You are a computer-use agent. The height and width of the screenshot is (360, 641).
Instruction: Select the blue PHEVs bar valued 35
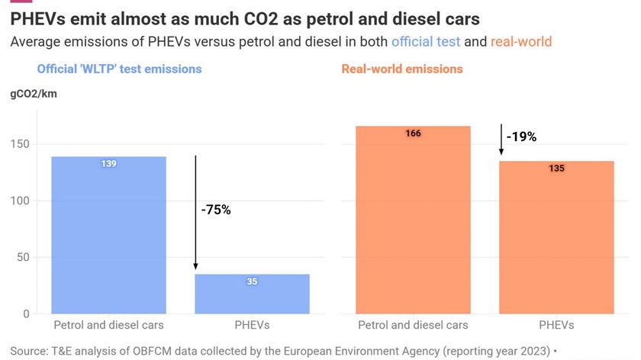(x=252, y=294)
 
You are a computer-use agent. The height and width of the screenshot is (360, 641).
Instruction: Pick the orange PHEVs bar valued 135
(x=556, y=237)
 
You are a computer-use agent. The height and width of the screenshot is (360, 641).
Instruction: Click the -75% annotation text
(x=216, y=210)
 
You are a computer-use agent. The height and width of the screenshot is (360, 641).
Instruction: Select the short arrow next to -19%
(x=501, y=140)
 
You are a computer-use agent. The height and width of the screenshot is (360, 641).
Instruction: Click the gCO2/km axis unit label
(x=34, y=94)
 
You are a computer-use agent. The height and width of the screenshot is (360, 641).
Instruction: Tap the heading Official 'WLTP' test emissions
(x=119, y=69)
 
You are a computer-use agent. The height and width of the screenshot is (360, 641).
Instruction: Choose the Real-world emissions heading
(x=401, y=69)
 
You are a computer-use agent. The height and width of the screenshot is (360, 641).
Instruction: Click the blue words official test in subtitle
(x=426, y=41)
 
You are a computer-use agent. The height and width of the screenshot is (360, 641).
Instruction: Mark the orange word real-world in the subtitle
(x=520, y=41)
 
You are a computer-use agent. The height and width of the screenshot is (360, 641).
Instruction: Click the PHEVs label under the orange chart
(x=556, y=326)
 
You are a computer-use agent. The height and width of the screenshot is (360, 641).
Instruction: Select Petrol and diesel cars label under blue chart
(x=108, y=326)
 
